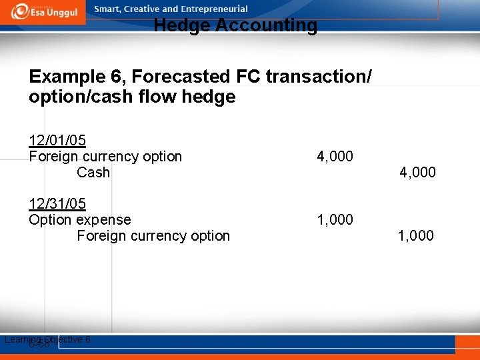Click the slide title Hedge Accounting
pyautogui.click(x=235, y=26)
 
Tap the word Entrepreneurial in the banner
pyautogui.click(x=215, y=9)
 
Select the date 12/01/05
pyautogui.click(x=57, y=141)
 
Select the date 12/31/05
pyautogui.click(x=57, y=203)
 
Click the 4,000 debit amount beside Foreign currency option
pyautogui.click(x=335, y=157)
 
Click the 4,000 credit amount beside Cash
pyautogui.click(x=417, y=173)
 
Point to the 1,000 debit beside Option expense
pyautogui.click(x=335, y=219)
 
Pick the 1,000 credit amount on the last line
pyautogui.click(x=416, y=235)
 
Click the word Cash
pyautogui.click(x=93, y=173)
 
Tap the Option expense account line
pyautogui.click(x=80, y=219)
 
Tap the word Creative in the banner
pyautogui.click(x=143, y=9)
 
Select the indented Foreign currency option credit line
pyautogui.click(x=153, y=235)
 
